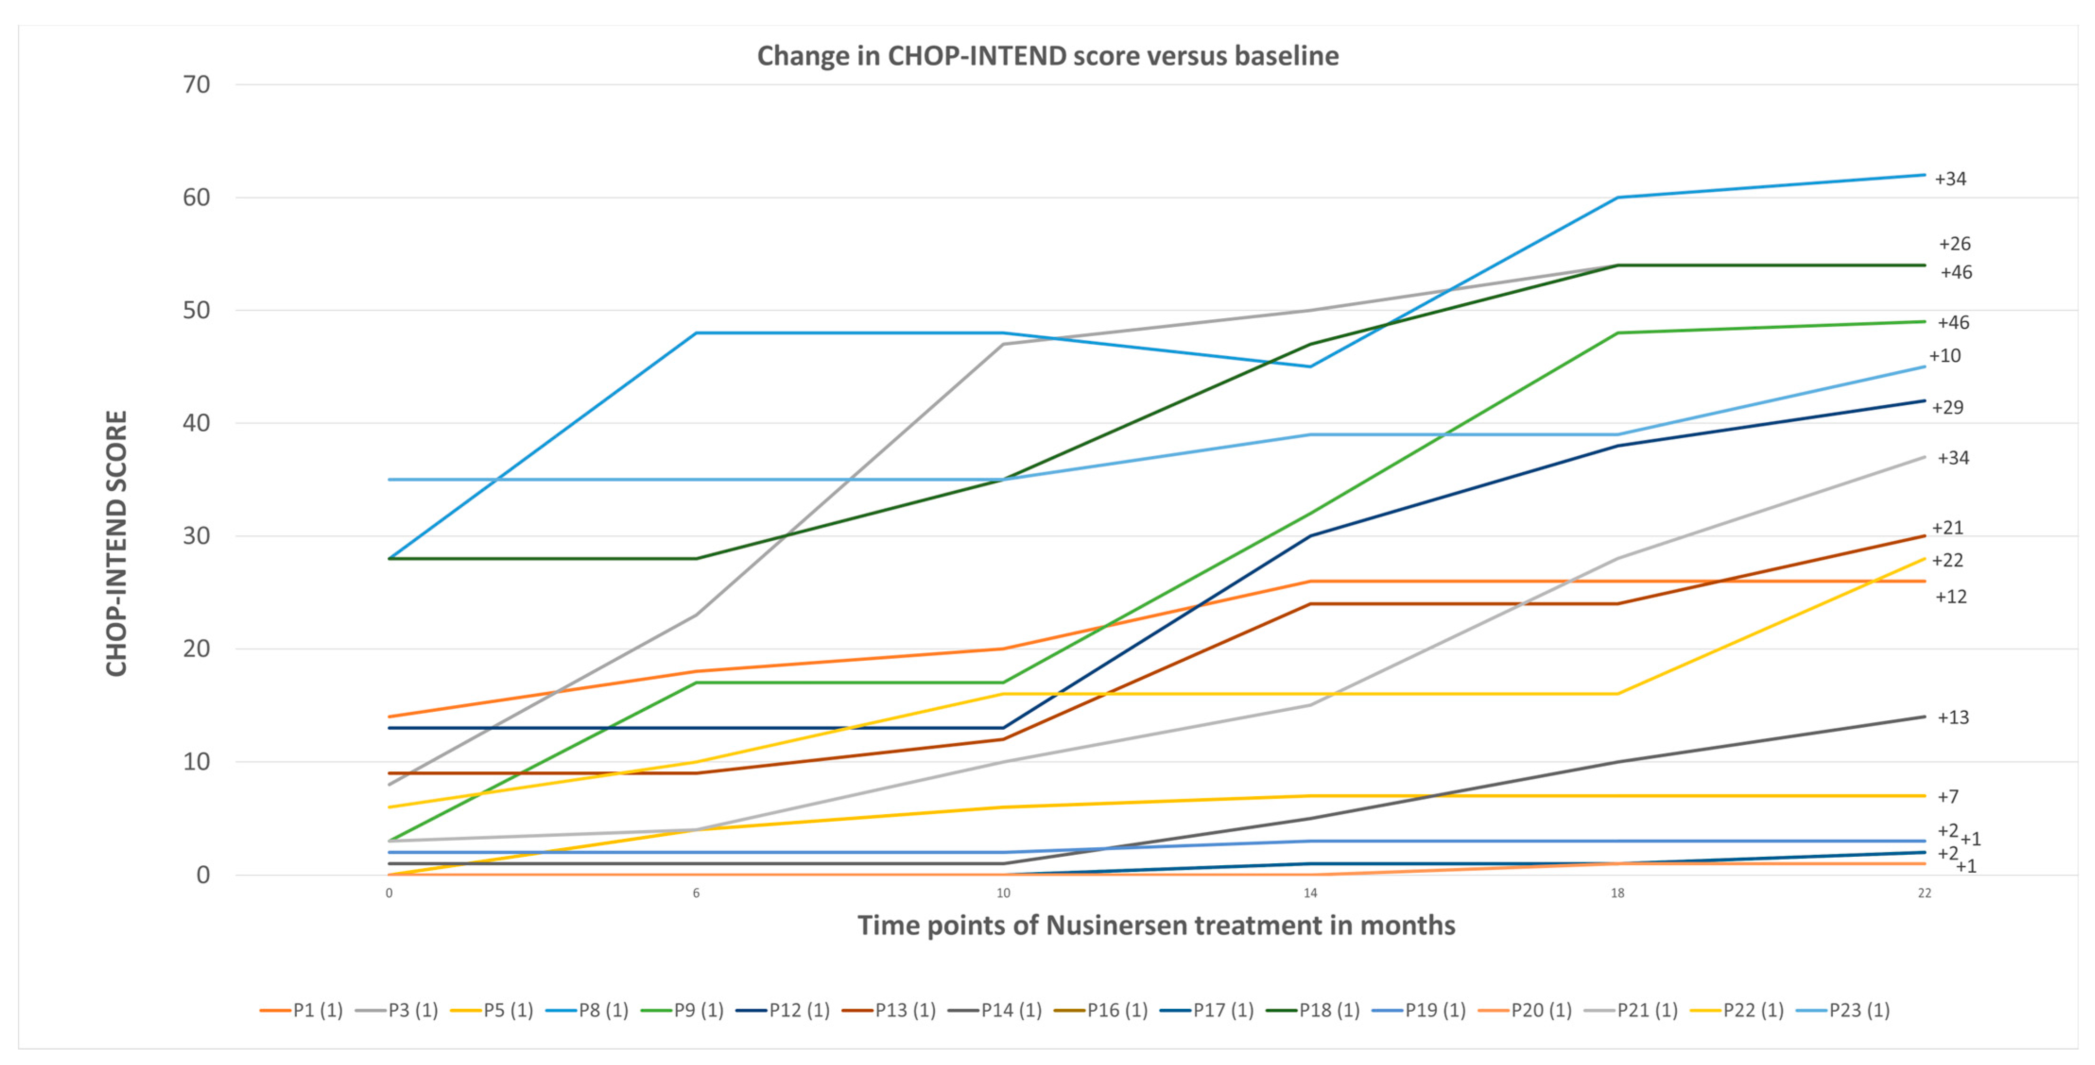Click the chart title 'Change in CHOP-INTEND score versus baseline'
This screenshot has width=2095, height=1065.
tap(1047, 56)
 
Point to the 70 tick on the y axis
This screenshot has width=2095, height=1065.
tap(196, 85)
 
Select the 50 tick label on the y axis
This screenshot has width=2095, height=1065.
tap(196, 311)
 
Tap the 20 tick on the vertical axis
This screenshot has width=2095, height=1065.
tap(196, 649)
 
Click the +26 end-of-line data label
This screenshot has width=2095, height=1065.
tap(1954, 244)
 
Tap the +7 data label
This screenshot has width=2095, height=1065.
tap(1948, 797)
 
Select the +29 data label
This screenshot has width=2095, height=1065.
tap(1948, 407)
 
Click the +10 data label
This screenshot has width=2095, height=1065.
tap(1945, 356)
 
